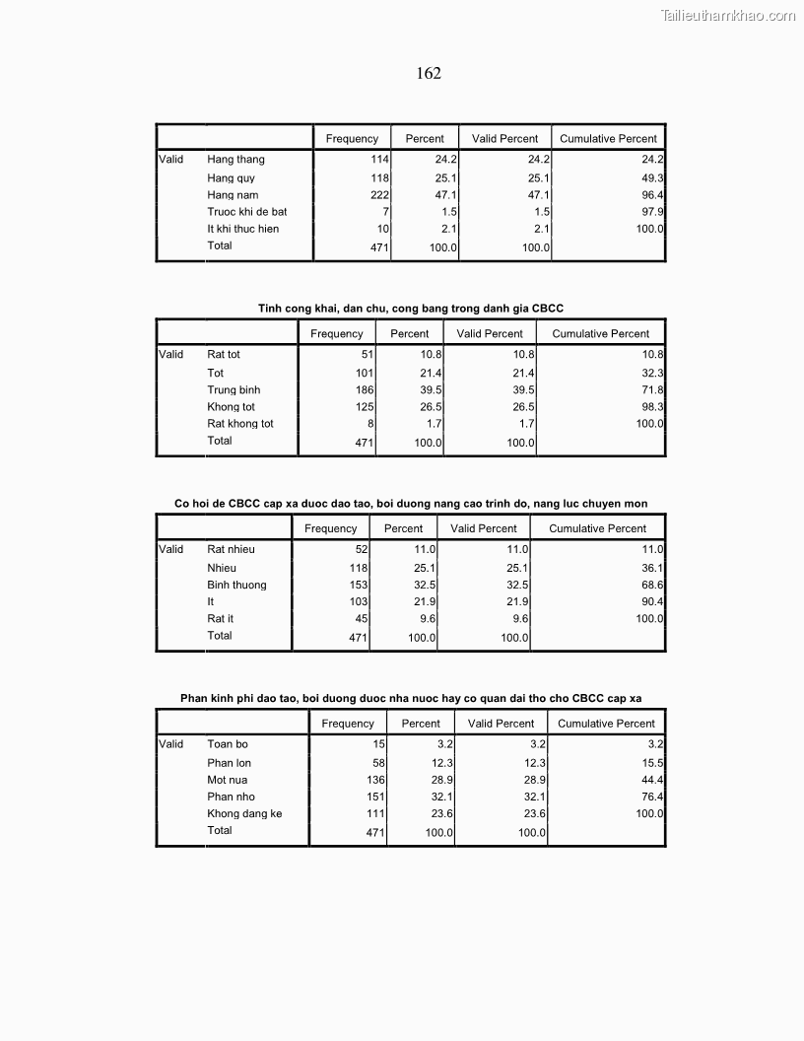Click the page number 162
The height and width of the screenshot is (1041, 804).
click(x=429, y=74)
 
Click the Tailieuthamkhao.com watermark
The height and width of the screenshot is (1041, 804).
click(x=728, y=15)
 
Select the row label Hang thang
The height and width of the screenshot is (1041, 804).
click(x=235, y=160)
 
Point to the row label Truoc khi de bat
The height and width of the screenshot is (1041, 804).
click(x=246, y=212)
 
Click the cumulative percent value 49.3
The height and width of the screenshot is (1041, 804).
click(x=652, y=178)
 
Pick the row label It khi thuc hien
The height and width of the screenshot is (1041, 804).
click(x=242, y=229)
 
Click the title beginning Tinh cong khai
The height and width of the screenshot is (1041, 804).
click(x=410, y=309)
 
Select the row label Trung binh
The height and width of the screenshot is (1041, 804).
click(x=234, y=390)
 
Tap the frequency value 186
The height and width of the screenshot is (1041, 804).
click(x=365, y=390)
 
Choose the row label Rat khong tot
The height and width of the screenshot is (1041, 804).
click(x=240, y=424)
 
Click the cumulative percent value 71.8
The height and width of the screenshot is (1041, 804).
click(x=652, y=390)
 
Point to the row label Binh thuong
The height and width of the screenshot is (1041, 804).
click(x=236, y=586)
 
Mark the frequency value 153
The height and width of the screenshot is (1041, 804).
click(x=358, y=586)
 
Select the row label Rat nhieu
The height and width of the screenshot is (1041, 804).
click(x=231, y=549)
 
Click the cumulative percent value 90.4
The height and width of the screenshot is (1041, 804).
click(x=652, y=601)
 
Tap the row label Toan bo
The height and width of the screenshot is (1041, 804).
click(x=228, y=744)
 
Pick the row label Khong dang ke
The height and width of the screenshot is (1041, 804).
click(x=244, y=814)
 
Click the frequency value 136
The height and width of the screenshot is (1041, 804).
click(x=375, y=781)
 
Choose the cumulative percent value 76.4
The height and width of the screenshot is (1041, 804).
click(x=652, y=798)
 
